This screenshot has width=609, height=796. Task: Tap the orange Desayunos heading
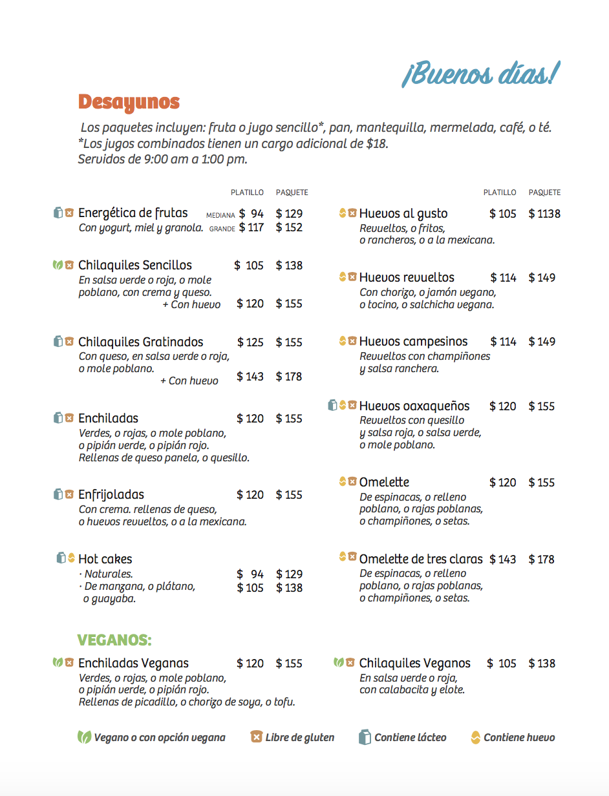[129, 102]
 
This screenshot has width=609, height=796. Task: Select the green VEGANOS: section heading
[114, 640]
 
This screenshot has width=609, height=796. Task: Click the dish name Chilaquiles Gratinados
[140, 342]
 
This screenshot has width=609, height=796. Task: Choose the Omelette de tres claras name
[421, 560]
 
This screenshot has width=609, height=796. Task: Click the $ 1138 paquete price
[544, 214]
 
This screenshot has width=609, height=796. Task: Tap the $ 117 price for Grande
[251, 227]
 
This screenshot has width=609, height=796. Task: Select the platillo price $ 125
[250, 342]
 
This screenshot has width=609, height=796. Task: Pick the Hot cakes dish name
[105, 560]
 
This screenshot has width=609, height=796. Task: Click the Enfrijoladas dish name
[111, 495]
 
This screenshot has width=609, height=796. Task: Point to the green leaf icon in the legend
[84, 737]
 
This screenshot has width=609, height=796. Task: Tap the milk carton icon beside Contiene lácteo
[365, 737]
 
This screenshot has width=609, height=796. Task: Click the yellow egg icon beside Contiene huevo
[475, 737]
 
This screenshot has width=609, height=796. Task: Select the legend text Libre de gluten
[300, 738]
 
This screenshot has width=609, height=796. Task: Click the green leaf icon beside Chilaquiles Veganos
[338, 663]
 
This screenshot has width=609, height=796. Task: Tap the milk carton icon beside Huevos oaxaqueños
[332, 406]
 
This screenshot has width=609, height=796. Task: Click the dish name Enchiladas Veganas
[133, 664]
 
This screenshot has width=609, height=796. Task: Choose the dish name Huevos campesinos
[413, 342]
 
